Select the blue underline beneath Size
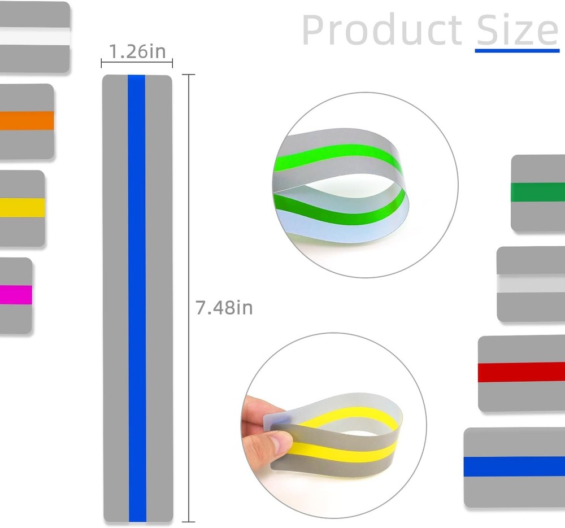[x=517, y=51]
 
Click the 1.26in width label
[x=137, y=51]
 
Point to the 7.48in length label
[x=224, y=308]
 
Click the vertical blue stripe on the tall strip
[x=137, y=298]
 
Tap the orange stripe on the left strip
[x=27, y=121]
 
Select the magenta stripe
[x=16, y=295]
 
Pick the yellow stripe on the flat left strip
[x=23, y=208]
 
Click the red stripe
[x=521, y=372]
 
